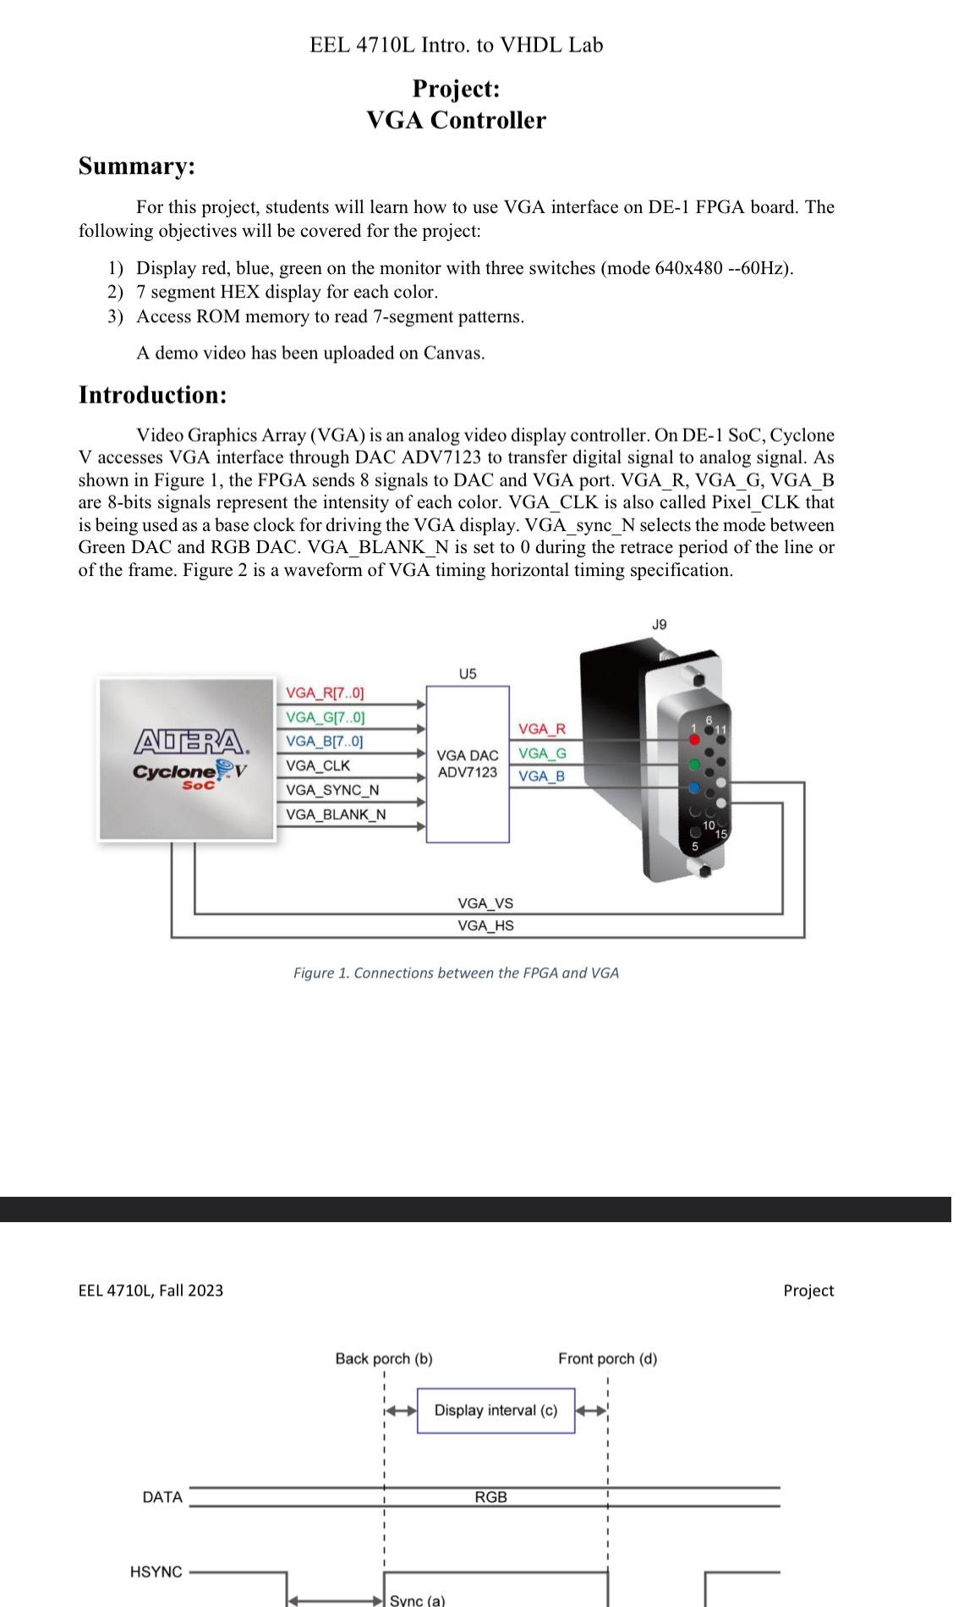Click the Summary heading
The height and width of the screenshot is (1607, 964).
click(136, 166)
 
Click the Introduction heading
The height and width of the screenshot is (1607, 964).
click(152, 395)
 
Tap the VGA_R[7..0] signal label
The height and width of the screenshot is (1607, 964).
click(325, 693)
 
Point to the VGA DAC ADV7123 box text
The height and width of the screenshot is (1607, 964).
click(467, 764)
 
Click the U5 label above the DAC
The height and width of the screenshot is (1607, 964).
click(467, 673)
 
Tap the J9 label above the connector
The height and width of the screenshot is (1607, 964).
click(659, 624)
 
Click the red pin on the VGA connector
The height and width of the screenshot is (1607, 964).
click(695, 739)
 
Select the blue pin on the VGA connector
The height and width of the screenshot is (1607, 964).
click(694, 788)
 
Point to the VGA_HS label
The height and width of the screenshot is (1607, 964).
click(485, 925)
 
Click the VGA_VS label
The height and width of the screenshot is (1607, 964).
click(485, 903)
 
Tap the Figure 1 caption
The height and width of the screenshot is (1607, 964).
click(456, 973)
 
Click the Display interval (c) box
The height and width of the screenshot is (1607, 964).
click(496, 1410)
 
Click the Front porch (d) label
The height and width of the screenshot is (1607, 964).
click(607, 1358)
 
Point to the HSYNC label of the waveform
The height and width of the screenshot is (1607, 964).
click(156, 1571)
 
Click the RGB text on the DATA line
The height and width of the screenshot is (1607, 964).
click(490, 1497)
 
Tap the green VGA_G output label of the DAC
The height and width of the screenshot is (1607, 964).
click(542, 753)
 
